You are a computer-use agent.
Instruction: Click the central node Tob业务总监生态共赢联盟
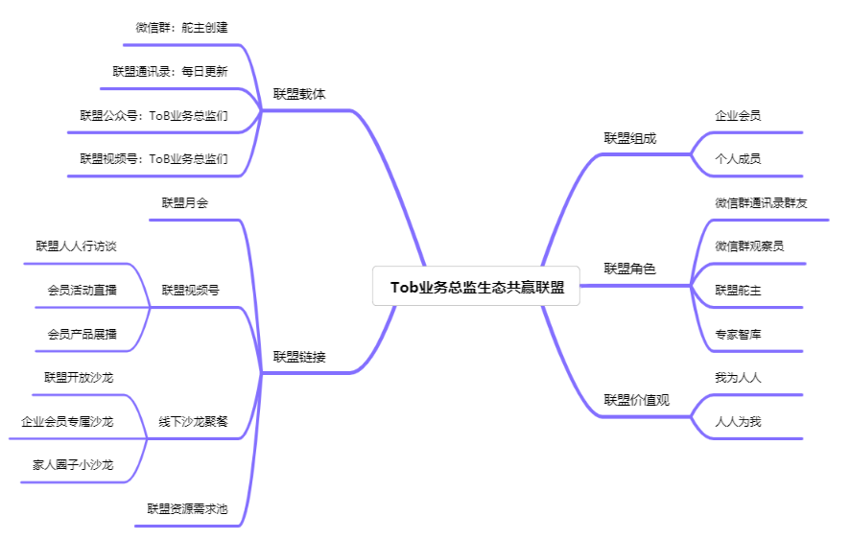click(476, 287)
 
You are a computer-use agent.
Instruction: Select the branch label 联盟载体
click(299, 95)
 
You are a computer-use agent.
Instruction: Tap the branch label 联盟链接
click(299, 357)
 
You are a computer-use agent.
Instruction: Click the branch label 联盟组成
click(629, 138)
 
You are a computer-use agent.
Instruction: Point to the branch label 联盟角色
click(629, 269)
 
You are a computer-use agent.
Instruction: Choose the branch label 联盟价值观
click(636, 400)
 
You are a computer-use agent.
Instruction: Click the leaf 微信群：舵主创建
click(181, 28)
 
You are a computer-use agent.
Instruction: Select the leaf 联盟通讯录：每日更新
click(170, 71)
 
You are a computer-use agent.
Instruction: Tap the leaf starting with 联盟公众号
click(153, 115)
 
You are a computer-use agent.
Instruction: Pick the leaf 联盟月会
click(184, 202)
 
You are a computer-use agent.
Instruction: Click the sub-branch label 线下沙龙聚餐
click(193, 421)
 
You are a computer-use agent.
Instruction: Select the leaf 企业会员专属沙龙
click(67, 421)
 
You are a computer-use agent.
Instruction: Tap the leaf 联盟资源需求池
click(187, 508)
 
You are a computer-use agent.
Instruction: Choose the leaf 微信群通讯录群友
click(761, 202)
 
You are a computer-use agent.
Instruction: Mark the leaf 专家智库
click(737, 334)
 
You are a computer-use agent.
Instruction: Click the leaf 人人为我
click(737, 421)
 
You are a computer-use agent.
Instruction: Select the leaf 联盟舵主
click(737, 290)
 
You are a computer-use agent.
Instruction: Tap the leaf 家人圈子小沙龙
click(72, 464)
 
